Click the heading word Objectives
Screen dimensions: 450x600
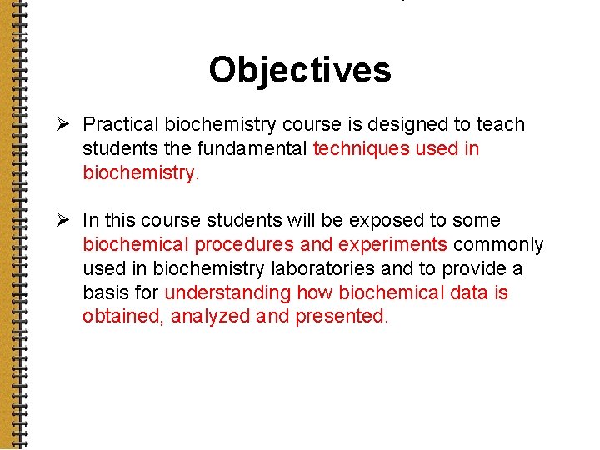300,70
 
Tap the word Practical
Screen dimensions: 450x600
121,125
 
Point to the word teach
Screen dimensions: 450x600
501,125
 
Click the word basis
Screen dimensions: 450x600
106,293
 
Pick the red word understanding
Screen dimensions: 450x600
228,293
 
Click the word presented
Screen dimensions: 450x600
340,317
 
